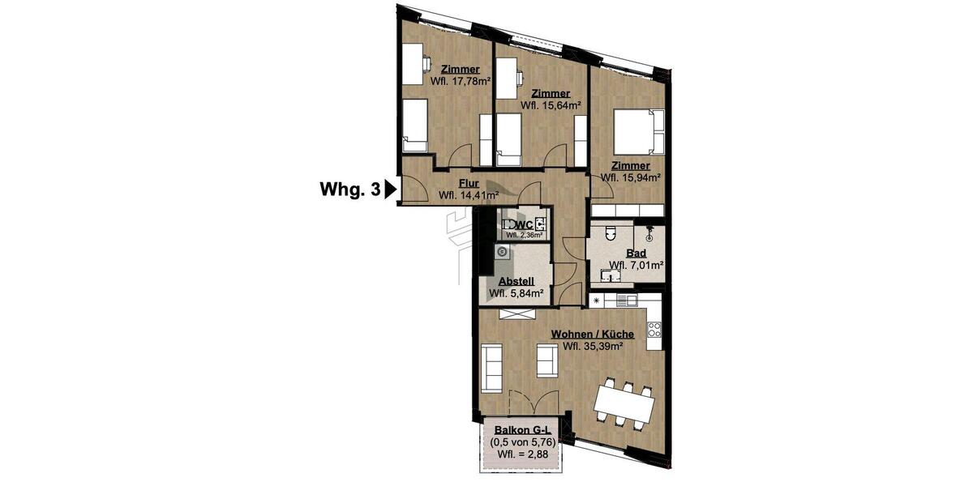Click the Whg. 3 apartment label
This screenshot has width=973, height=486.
tap(349, 190)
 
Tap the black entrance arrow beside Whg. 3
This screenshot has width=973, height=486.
tap(390, 190)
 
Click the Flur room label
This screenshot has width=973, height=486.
tap(468, 183)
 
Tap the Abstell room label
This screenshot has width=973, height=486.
tap(516, 281)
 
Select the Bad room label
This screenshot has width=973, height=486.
tap(637, 253)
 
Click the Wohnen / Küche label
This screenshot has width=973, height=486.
tap(593, 334)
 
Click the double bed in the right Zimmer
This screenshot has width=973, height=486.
tap(639, 131)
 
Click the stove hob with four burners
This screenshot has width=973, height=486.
tap(654, 330)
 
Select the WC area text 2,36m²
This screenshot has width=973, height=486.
tap(524, 236)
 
